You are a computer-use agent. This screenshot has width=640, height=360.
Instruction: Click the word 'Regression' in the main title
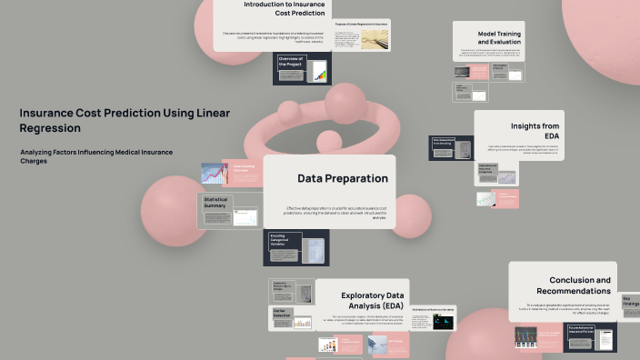tap(50, 128)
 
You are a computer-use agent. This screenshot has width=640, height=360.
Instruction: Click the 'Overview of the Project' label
tap(291, 62)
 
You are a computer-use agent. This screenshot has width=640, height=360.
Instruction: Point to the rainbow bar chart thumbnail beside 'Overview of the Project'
tap(319, 72)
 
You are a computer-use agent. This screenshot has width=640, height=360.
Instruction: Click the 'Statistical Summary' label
tap(215, 202)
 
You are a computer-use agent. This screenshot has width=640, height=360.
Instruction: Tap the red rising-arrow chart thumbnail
tap(214, 173)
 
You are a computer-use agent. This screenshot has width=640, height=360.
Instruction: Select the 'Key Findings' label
tap(630, 301)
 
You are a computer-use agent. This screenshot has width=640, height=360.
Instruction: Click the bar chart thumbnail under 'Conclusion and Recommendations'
tap(525, 336)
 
